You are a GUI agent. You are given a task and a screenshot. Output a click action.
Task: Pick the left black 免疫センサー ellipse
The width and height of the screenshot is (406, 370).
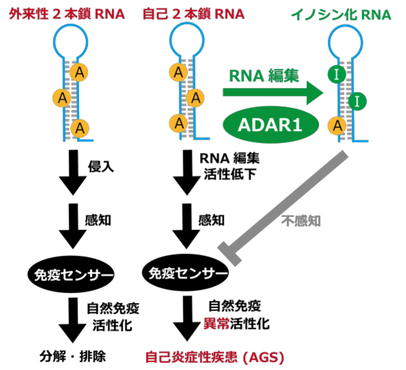[70, 274]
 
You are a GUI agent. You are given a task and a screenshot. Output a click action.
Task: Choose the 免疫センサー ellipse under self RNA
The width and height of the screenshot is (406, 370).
[186, 274]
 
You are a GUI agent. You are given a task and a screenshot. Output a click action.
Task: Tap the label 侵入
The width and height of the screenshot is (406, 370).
[100, 168]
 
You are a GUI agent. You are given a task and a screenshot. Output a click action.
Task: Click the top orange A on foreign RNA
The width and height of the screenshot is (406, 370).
[79, 71]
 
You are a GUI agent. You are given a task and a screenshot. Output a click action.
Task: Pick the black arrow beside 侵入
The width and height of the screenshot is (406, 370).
[71, 172]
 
